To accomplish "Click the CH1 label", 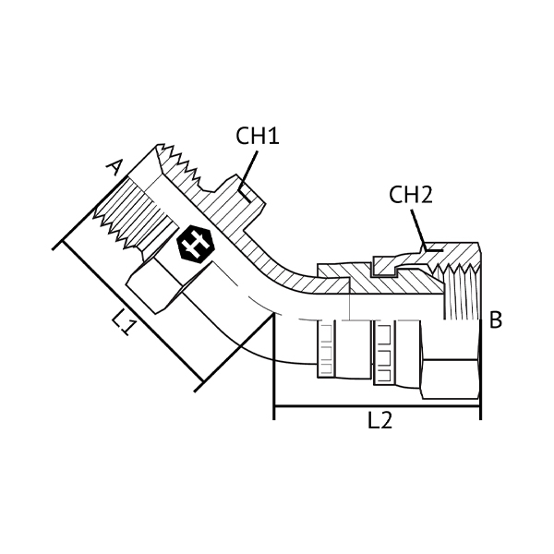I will click(x=257, y=137).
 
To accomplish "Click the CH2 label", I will click(x=411, y=195).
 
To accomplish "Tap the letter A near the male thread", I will click(x=114, y=167).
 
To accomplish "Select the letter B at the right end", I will click(x=495, y=320).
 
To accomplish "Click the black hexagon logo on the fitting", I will click(x=192, y=245).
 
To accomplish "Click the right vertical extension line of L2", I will click(x=481, y=369).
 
